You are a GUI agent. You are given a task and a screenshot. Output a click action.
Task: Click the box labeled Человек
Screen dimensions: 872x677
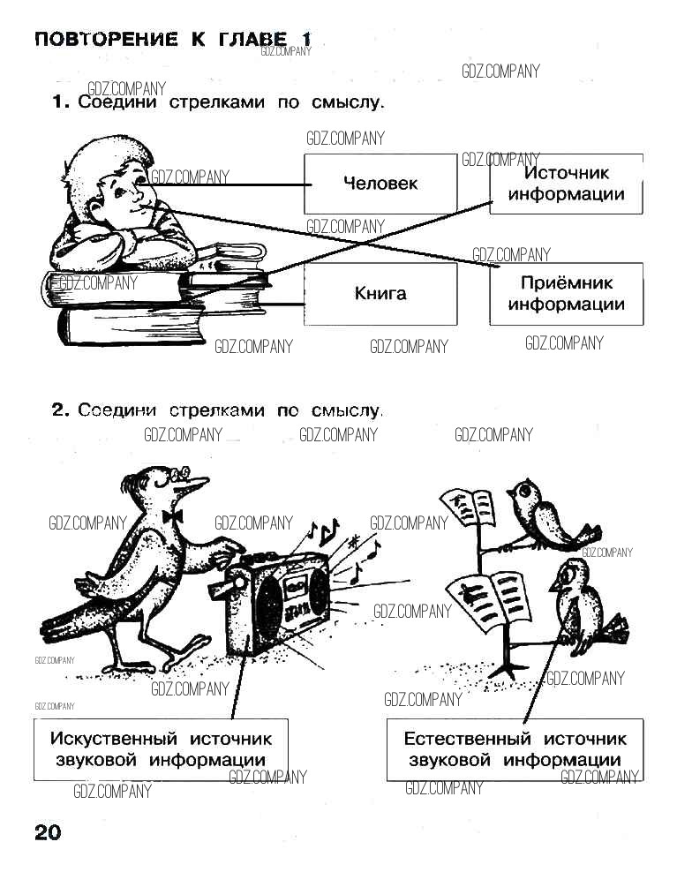tap(380, 184)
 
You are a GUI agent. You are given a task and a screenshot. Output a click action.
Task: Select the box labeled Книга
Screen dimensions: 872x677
tap(380, 294)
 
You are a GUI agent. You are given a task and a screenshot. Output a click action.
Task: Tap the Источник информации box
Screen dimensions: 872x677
tap(566, 184)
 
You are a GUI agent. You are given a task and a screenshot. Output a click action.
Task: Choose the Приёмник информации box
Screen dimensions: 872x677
tap(566, 294)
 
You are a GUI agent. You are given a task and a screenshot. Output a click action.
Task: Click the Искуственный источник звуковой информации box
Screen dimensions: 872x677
tap(162, 749)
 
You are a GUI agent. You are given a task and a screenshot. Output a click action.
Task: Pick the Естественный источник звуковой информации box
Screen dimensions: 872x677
tap(515, 749)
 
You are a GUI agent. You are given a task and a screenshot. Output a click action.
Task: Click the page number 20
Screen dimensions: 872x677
tap(48, 833)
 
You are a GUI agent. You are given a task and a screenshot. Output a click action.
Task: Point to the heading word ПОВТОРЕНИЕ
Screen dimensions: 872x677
tap(105, 40)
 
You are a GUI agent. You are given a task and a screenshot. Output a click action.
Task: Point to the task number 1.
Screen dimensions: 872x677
tap(60, 102)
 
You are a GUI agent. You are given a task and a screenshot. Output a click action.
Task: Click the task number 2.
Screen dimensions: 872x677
tap(60, 410)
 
